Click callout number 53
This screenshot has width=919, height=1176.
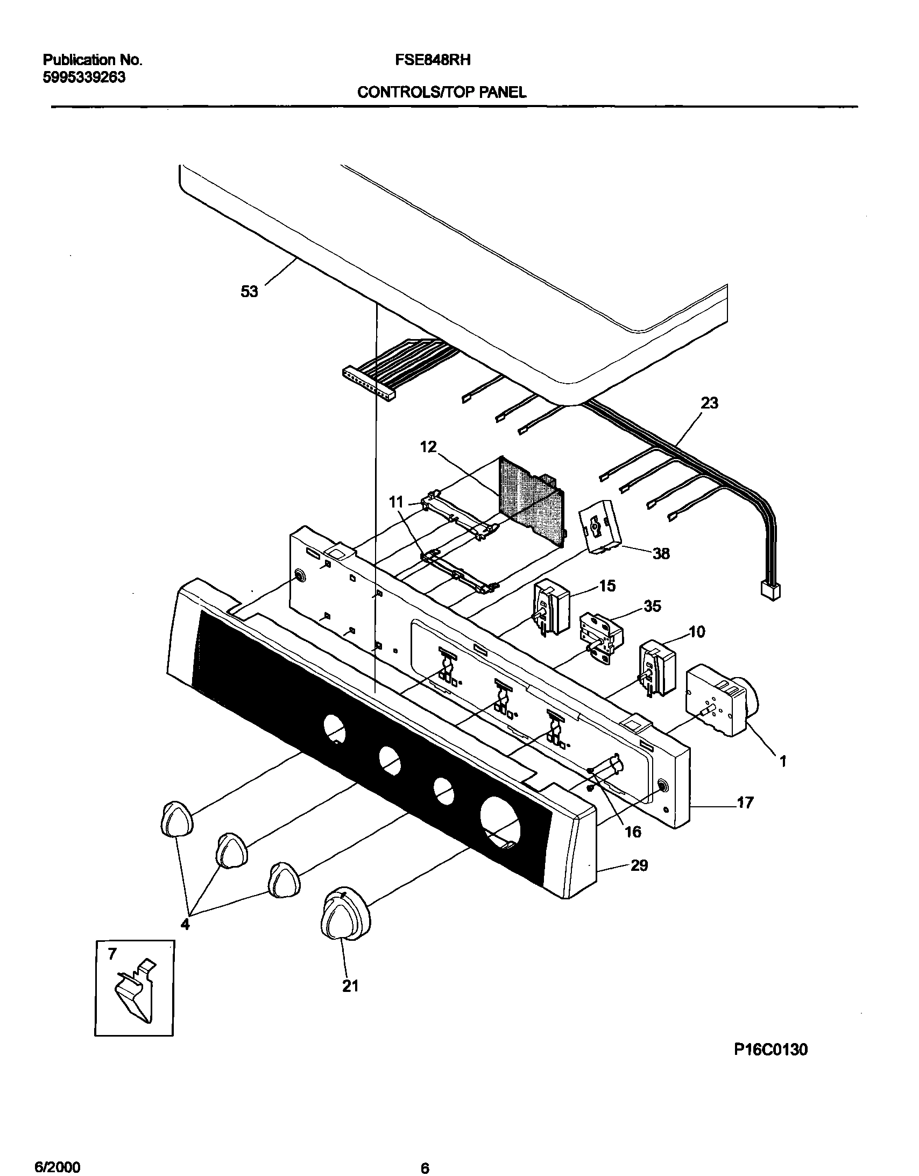[x=249, y=292]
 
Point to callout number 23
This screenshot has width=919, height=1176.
[x=709, y=403]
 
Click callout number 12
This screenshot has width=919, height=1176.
[x=428, y=447]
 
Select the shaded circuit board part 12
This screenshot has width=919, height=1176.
[x=531, y=501]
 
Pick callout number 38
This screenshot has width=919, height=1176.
[x=661, y=553]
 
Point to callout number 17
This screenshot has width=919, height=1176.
[x=745, y=804]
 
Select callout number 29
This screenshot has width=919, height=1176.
[x=639, y=866]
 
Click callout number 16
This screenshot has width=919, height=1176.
[x=633, y=832]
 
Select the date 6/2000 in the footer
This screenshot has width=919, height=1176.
[x=58, y=1164]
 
